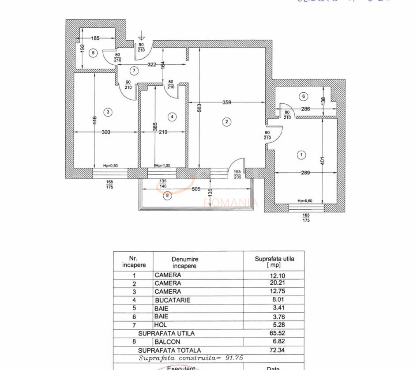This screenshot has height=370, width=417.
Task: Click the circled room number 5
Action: pyautogui.click(x=92, y=53)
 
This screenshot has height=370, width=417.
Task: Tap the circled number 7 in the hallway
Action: pyautogui.click(x=135, y=71)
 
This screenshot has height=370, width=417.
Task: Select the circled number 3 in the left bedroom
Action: pyautogui.click(x=108, y=113)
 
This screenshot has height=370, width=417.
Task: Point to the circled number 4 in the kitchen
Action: pyautogui.click(x=172, y=117)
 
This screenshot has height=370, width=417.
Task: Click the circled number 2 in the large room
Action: pyautogui.click(x=227, y=122)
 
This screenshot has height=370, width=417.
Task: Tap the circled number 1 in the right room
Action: pyautogui.click(x=301, y=155)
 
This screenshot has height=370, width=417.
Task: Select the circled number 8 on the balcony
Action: pyautogui.click(x=166, y=196)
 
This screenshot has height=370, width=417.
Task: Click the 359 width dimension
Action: pyautogui.click(x=227, y=102)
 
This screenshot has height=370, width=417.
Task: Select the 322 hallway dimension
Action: pyautogui.click(x=152, y=65)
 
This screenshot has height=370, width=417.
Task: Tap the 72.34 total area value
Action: pyautogui.click(x=273, y=350)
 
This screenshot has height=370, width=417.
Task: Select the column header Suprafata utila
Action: pyautogui.click(x=274, y=261)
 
